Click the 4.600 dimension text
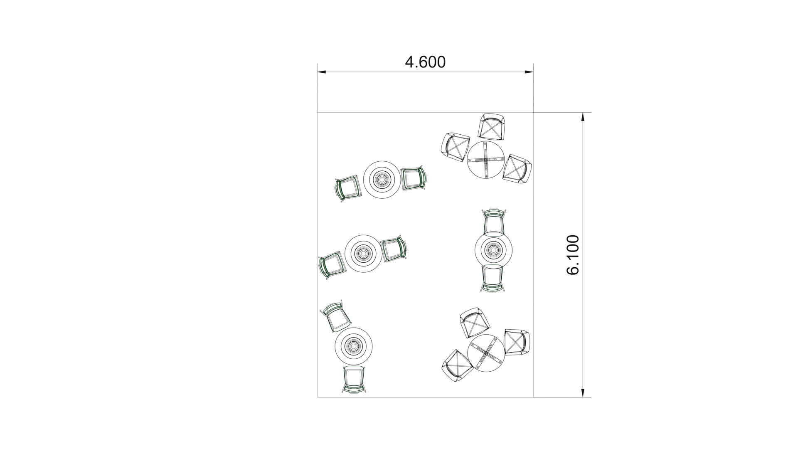pyautogui.click(x=425, y=62)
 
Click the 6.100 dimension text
pyautogui.click(x=573, y=255)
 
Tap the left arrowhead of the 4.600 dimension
pyautogui.click(x=322, y=72)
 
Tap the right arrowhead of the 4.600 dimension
pyautogui.click(x=529, y=72)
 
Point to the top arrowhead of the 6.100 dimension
pyautogui.click(x=583, y=117)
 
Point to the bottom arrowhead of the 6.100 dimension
pyautogui.click(x=583, y=393)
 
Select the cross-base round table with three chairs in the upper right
pyautogui.click(x=486, y=160)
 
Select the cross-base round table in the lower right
pyautogui.click(x=486, y=353)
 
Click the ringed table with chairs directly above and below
pyautogui.click(x=493, y=250)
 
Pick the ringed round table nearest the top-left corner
pyautogui.click(x=382, y=180)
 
